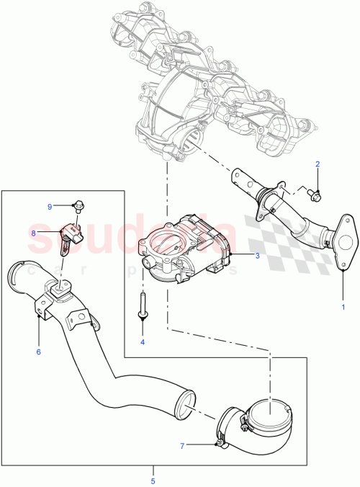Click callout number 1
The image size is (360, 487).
[343, 307]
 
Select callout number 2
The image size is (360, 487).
[317, 164]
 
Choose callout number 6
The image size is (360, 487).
[38, 352]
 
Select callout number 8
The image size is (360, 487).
[33, 233]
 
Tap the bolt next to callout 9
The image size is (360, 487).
[78, 206]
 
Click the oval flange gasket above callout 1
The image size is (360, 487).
[343, 234]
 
